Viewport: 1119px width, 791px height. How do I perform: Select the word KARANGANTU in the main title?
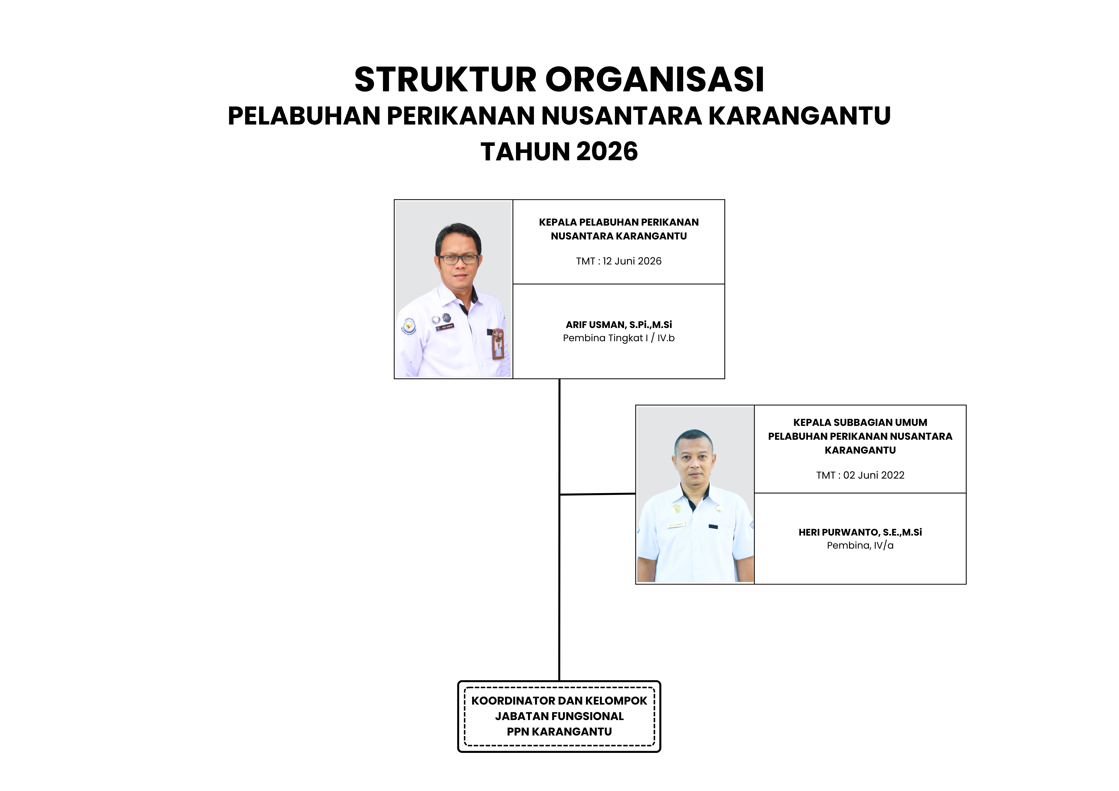799,116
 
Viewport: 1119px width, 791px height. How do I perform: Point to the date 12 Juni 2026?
632,261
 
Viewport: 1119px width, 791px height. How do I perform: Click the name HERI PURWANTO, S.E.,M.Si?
860,532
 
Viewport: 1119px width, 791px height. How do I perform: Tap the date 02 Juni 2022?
874,475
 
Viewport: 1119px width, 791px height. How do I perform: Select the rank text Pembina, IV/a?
860,545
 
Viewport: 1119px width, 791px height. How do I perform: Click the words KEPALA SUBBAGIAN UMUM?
860,423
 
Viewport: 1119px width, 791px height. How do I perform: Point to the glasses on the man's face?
458,259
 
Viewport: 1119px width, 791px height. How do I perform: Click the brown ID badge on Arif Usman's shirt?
498,344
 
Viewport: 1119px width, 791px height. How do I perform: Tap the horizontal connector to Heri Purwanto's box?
597,494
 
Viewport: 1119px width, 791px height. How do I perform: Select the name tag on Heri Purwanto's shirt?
676,525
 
